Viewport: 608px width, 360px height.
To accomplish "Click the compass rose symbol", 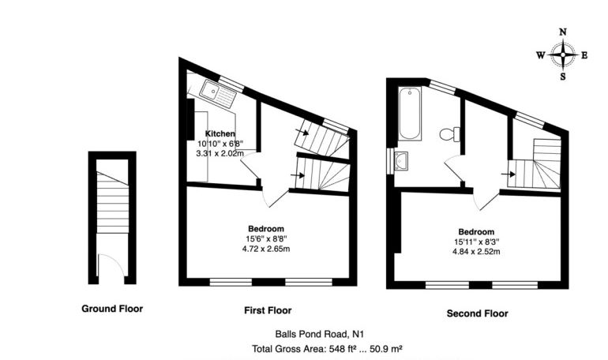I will coord(562,54).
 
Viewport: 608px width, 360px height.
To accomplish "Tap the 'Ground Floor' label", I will coord(112,309).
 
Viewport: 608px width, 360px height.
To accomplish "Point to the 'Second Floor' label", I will coord(478,313).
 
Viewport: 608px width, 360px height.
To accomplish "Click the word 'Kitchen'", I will coord(220,133).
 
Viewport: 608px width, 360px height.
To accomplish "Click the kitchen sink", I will coord(217,96).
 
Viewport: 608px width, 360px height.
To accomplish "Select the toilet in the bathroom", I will coord(450,133).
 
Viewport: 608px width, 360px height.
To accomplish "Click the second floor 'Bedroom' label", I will coord(476,231).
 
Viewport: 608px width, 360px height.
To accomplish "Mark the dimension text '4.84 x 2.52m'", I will coord(476,252).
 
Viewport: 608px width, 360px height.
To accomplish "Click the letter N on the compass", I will coord(562,32).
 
